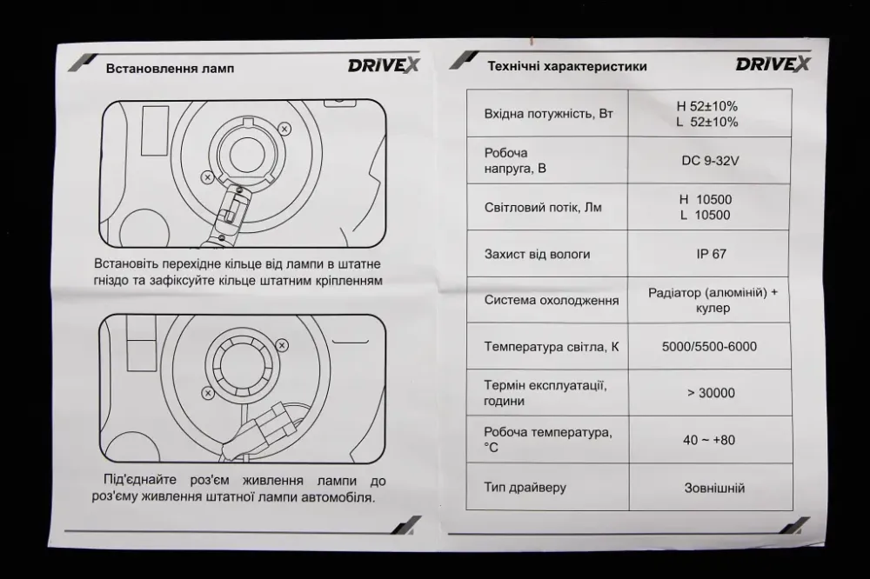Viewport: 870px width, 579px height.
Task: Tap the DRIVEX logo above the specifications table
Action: (x=773, y=63)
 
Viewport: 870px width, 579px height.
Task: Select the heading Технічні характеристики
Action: (x=566, y=66)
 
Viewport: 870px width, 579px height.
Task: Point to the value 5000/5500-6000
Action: (x=709, y=347)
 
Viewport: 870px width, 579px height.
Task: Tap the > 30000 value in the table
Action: (x=710, y=393)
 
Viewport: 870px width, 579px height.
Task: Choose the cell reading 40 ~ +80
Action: (x=709, y=440)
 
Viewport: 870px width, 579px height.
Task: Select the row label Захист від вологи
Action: (x=537, y=254)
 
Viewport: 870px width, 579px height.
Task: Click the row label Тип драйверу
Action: (x=525, y=487)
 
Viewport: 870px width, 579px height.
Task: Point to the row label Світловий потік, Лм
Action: (x=542, y=207)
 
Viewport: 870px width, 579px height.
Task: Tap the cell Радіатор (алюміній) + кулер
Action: (x=713, y=300)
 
